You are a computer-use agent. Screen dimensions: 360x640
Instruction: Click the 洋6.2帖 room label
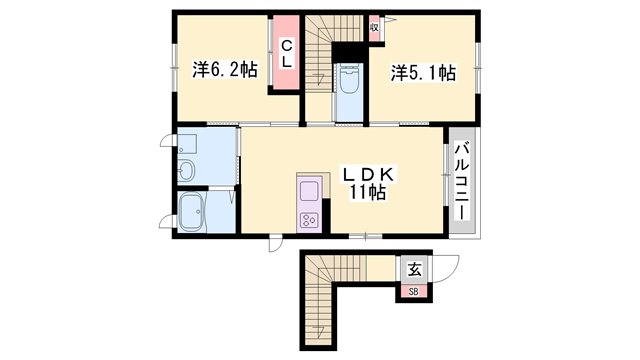224,71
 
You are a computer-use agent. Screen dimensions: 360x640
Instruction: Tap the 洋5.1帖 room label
423,72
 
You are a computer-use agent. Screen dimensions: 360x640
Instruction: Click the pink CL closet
286,53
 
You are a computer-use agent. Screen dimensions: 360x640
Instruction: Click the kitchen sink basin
308,190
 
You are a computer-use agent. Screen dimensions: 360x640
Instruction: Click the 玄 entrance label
414,269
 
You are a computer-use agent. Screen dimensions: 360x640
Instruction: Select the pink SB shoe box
414,291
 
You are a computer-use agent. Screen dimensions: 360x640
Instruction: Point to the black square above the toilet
349,53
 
